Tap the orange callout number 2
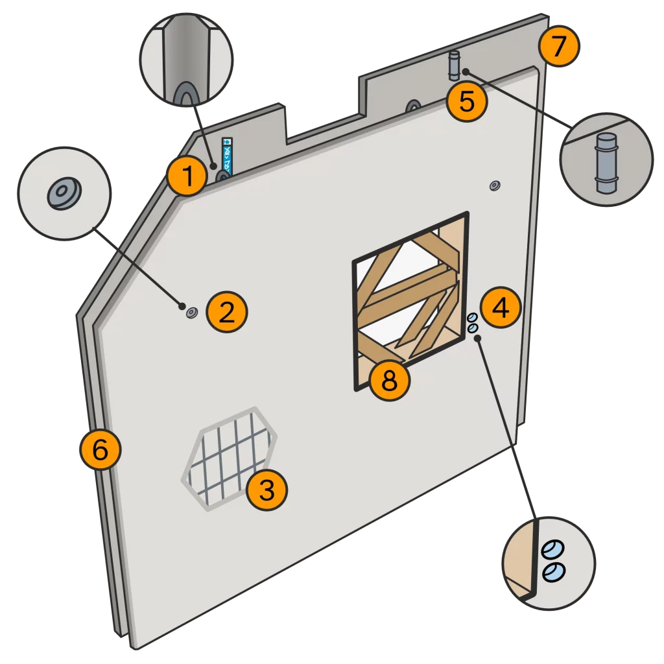pyautogui.click(x=226, y=313)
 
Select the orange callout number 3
pyautogui.click(x=267, y=490)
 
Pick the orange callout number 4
pyautogui.click(x=500, y=309)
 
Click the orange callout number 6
pyautogui.click(x=101, y=450)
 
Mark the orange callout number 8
pyautogui.click(x=389, y=381)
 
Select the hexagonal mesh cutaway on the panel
pyautogui.click(x=228, y=458)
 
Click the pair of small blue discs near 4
pyautogui.click(x=473, y=324)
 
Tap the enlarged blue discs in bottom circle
pyautogui.click(x=554, y=560)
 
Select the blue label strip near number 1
pyautogui.click(x=227, y=153)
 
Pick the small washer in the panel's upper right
pyautogui.click(x=494, y=186)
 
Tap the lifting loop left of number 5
pyautogui.click(x=412, y=105)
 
